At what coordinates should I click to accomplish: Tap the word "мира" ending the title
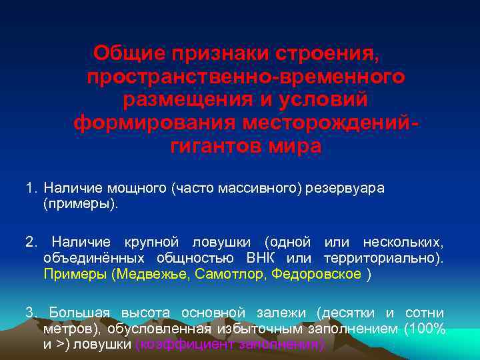point(295,146)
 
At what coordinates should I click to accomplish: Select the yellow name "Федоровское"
point(317,274)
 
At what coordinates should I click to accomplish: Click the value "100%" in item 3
point(427,329)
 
